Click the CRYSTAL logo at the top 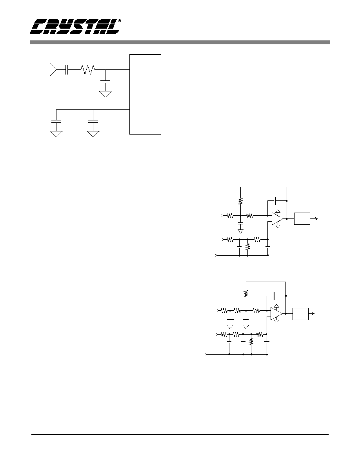75,27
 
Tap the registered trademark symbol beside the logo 120,21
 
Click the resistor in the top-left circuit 87,70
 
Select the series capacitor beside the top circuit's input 67,70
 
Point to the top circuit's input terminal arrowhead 53,70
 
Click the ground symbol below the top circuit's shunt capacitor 105,94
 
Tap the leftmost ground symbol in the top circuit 56,134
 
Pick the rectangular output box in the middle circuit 302,219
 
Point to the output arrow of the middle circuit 314,219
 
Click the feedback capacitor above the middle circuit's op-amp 275,201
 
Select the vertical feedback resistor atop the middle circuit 241,201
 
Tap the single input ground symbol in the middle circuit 241,231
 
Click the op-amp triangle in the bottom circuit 276,314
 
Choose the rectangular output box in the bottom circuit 300,314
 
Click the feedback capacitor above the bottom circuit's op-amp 275,296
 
